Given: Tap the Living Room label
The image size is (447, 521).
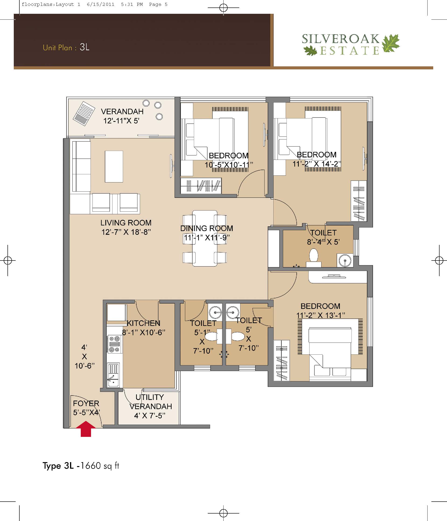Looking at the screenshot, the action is [126, 223].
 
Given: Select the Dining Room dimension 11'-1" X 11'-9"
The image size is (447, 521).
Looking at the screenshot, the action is [207, 237].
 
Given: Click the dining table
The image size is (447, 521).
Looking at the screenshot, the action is [204, 238].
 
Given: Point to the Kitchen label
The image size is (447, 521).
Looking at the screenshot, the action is [143, 323].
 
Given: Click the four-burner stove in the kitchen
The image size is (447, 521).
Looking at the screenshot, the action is [114, 344].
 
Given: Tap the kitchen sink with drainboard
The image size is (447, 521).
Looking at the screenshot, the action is [113, 375].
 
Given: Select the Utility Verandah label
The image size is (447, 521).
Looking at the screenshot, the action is [150, 402].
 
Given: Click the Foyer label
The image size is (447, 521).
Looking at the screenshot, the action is [86, 403].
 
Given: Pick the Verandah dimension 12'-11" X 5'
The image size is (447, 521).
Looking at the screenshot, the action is [121, 121].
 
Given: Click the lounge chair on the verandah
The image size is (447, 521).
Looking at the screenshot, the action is [84, 113].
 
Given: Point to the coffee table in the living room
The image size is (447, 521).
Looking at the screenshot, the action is [114, 166].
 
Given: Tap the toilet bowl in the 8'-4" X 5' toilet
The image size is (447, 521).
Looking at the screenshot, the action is [313, 257].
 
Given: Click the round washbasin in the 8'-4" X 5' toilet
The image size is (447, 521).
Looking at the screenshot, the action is [345, 260].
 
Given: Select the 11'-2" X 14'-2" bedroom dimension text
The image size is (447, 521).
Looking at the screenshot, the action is [317, 164].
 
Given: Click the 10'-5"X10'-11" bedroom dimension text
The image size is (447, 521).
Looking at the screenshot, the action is [229, 165].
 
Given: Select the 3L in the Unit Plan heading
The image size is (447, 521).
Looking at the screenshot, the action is [84, 47].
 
